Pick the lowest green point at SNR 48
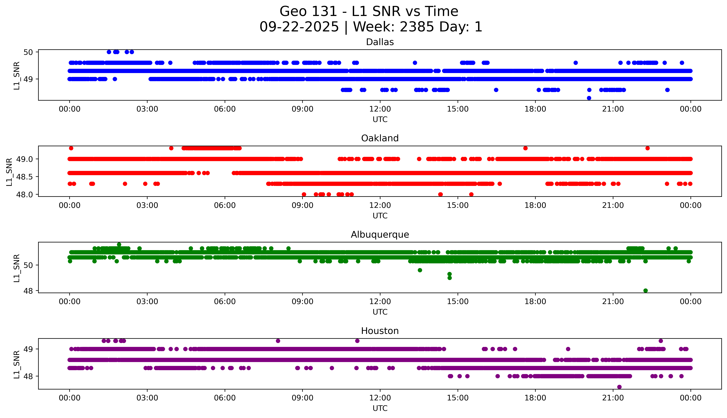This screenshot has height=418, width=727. pyautogui.click(x=645, y=291)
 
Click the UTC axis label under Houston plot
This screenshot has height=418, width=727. pyautogui.click(x=380, y=408)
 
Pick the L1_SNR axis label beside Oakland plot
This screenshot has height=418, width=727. pyautogui.click(x=9, y=172)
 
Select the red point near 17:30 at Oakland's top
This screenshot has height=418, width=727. pyautogui.click(x=525, y=148)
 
